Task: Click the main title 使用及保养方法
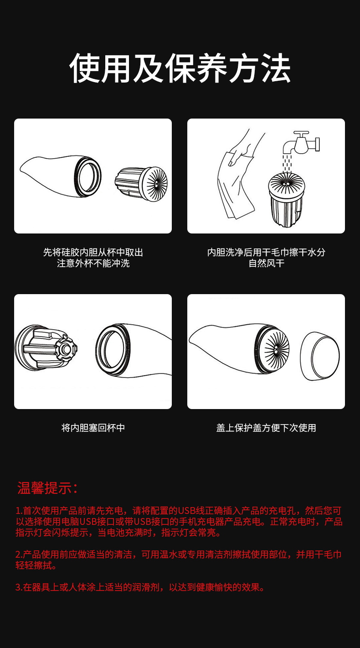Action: coord(180,68)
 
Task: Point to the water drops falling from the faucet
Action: coord(287,162)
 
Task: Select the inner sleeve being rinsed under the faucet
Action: coord(287,198)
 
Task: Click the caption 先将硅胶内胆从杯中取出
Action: coord(93,252)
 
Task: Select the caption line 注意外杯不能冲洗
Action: coord(93,264)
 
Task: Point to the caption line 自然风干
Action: coord(266,264)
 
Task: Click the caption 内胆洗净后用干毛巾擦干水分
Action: coord(266,252)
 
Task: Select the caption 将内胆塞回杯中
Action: coord(93,428)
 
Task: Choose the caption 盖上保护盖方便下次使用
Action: coord(266,428)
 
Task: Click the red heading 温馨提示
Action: coord(47,487)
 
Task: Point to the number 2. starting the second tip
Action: coord(19,555)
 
